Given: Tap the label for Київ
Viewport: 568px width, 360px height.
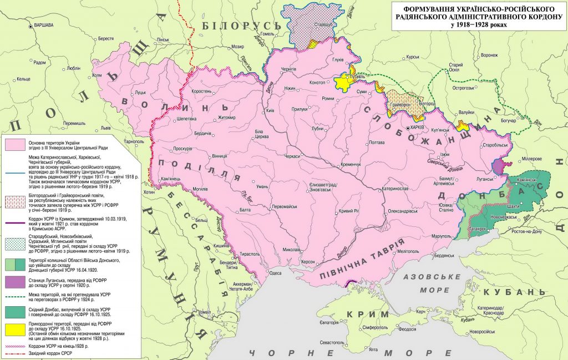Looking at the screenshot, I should tap(271, 110).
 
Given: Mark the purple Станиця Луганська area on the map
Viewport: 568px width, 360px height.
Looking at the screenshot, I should tap(503, 165).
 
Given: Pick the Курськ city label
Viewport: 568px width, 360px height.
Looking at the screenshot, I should tap(412, 57).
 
